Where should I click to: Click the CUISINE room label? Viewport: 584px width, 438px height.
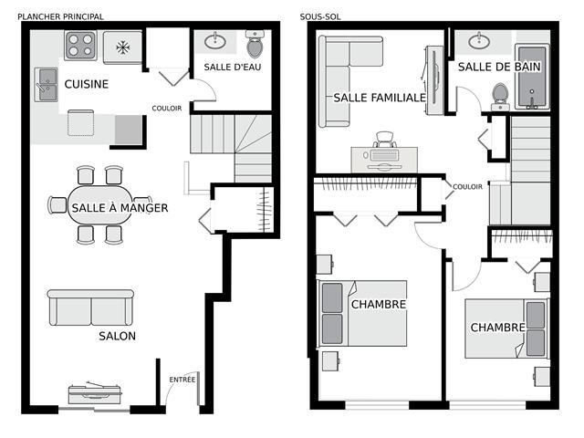tap(87, 84)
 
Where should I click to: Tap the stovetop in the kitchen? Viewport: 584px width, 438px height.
tap(80, 45)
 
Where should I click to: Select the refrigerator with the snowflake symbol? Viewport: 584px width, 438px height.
tap(122, 47)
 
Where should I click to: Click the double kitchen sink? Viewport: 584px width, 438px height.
tap(47, 85)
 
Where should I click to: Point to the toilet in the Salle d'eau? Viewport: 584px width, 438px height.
tap(255, 44)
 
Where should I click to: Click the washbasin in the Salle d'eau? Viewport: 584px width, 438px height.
tap(215, 40)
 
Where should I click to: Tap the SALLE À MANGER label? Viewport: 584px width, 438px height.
tap(120, 208)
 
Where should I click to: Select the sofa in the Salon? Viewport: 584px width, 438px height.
tap(90, 308)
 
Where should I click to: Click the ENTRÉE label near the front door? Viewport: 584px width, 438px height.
tap(182, 380)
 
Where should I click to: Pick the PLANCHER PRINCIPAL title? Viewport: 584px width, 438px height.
tap(61, 16)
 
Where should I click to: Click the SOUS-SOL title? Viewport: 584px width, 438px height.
tap(320, 16)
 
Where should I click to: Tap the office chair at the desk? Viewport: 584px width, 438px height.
tap(385, 140)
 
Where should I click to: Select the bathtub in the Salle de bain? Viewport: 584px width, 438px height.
tap(532, 77)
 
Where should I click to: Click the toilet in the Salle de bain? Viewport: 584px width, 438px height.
tap(500, 97)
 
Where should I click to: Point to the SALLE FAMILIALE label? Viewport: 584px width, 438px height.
tap(380, 98)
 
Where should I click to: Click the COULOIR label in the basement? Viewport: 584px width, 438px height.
tap(467, 186)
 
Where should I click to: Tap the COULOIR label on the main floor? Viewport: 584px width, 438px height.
tap(167, 109)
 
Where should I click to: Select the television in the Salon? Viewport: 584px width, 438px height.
tap(95, 393)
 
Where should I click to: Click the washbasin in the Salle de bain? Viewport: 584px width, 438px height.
tap(479, 40)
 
